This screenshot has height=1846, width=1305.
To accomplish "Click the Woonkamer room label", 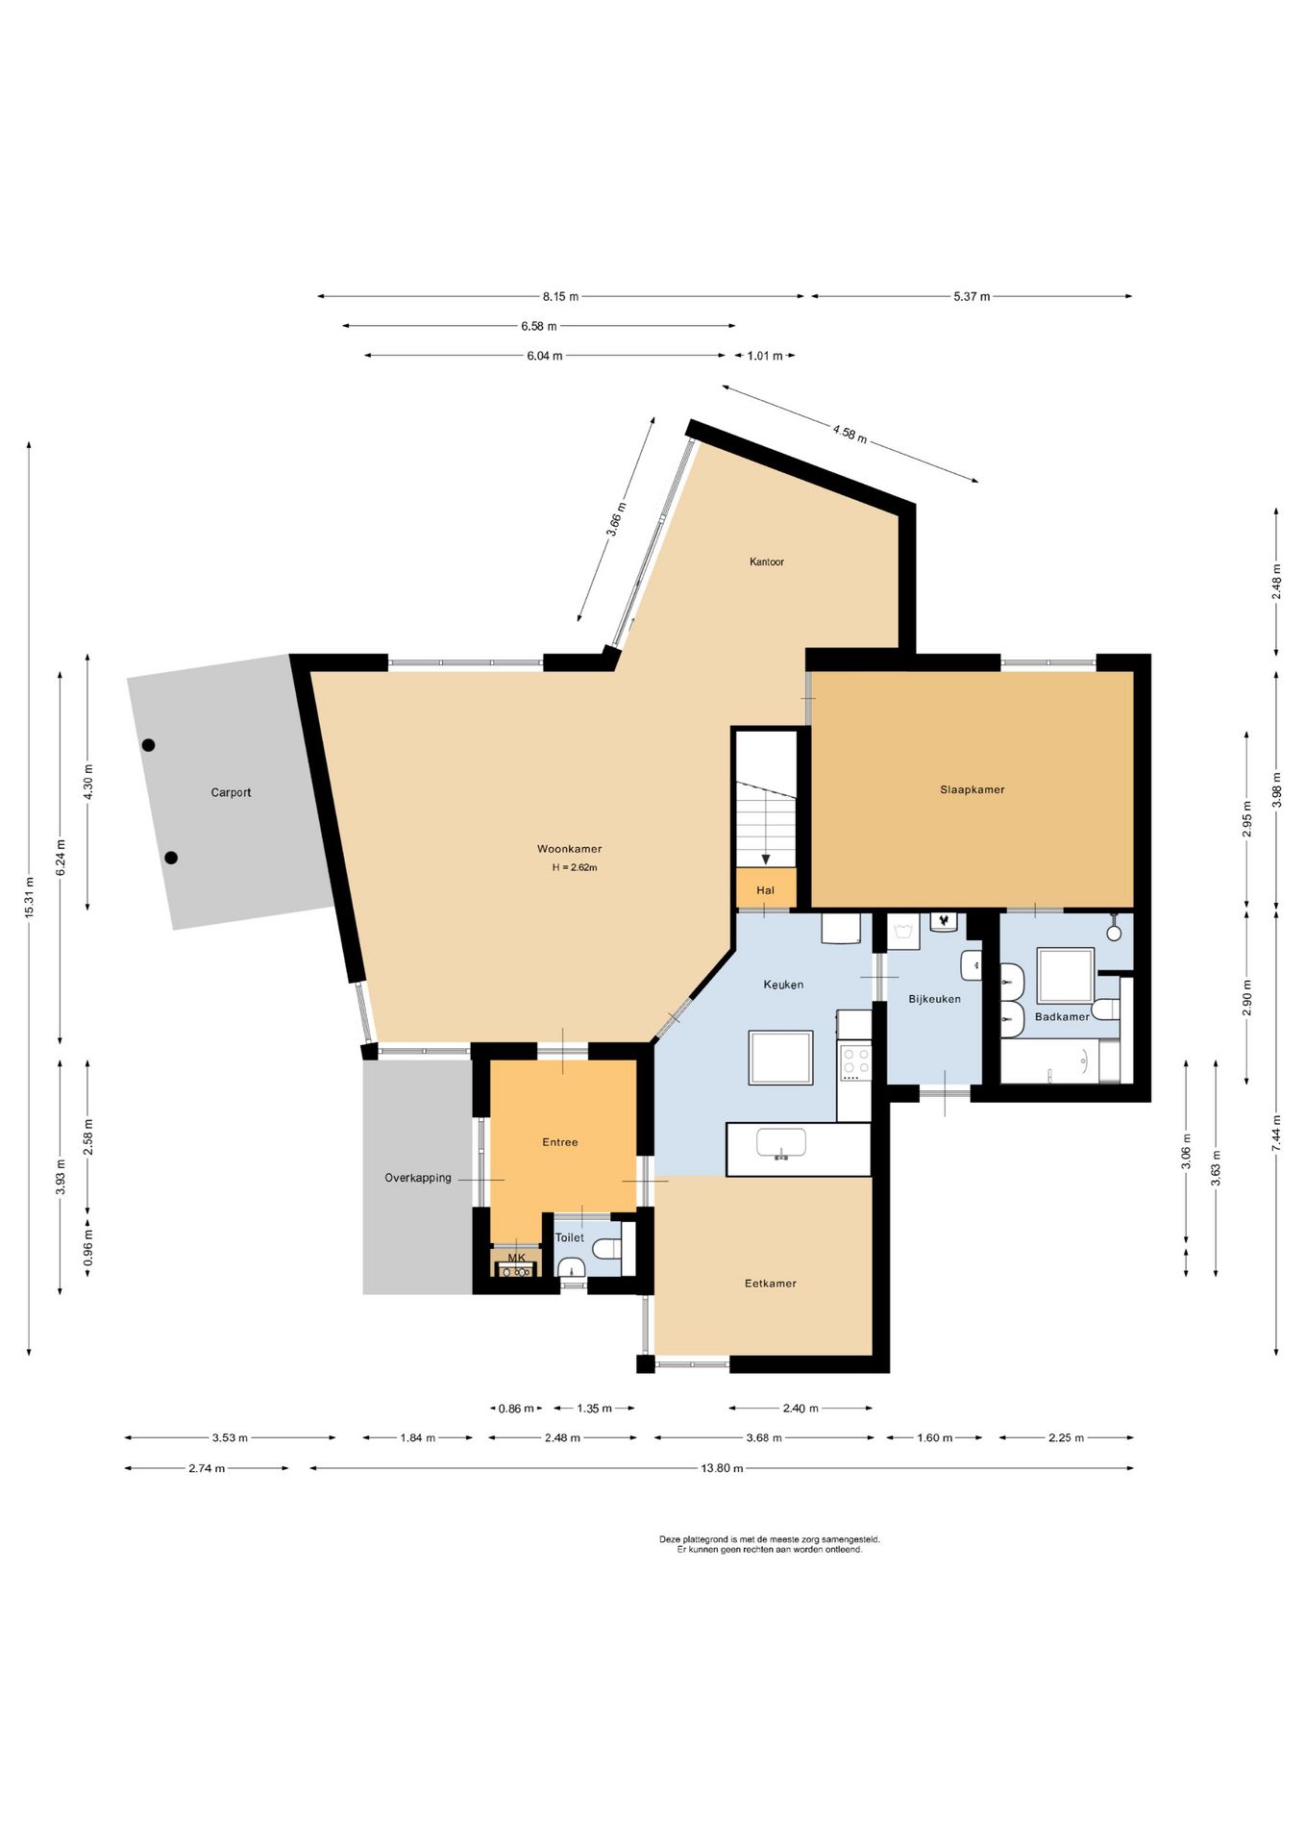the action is click(x=569, y=849).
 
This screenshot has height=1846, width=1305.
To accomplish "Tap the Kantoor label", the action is click(x=767, y=561).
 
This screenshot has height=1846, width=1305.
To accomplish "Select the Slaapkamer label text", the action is click(x=973, y=789).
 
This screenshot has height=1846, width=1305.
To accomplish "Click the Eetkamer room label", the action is click(x=771, y=1283).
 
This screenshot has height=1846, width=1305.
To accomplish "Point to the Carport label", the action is click(x=231, y=792).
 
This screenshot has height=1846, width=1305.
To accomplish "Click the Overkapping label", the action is click(x=418, y=1178).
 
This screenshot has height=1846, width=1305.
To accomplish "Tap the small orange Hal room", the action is click(x=766, y=889).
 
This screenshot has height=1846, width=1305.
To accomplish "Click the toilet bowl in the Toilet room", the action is click(x=606, y=1249).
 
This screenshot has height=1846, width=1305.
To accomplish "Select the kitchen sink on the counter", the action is click(x=781, y=1144).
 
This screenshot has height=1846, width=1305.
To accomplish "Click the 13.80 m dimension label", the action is click(x=723, y=1468).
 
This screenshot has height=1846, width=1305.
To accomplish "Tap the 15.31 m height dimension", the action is click(x=30, y=897).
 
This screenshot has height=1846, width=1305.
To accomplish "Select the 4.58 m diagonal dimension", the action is click(x=849, y=434).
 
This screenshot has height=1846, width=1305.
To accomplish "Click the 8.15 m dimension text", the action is click(x=560, y=296).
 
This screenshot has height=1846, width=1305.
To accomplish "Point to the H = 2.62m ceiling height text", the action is click(x=575, y=867).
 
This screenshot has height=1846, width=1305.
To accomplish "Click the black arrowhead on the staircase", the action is click(x=766, y=861).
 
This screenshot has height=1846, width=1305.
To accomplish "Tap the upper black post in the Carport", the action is click(x=149, y=745).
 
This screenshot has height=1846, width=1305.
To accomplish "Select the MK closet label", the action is click(x=517, y=1258).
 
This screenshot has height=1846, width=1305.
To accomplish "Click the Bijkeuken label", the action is click(x=935, y=999).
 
